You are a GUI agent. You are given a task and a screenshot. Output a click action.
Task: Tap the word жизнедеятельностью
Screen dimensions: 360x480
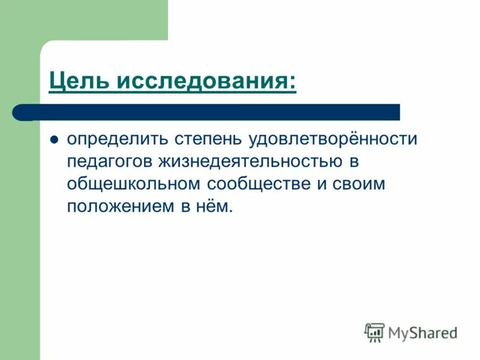click(253, 162)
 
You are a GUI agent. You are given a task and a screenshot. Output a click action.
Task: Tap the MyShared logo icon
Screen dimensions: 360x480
click(374, 332)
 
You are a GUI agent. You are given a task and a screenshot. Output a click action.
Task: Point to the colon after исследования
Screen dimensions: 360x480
click(292, 82)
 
